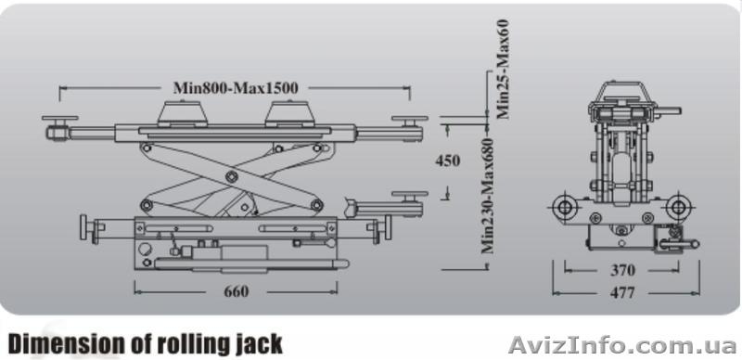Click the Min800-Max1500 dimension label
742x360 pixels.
coord(236,88)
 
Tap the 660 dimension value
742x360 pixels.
coord(237,291)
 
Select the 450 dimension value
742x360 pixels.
coord(447,161)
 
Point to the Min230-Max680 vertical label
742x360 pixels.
coord(488,195)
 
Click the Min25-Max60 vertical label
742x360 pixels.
coord(503,69)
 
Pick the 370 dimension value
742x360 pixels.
coord(622,271)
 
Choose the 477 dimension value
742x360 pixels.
coord(622,293)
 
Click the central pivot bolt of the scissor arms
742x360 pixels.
coord(231,176)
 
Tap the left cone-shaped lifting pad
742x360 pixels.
coord(182,114)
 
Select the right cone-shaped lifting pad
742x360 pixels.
coord(289,114)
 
